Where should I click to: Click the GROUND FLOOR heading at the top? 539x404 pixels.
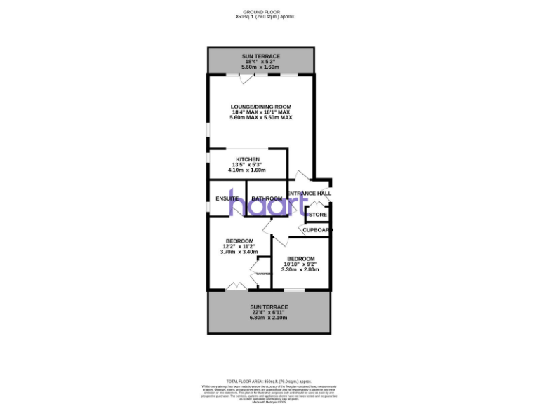pos(261,12)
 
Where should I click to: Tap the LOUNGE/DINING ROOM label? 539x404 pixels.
pos(261,107)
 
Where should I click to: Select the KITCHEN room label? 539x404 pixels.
pos(248,159)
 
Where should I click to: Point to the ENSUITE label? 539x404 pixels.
pos(227,198)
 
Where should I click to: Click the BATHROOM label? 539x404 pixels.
pos(267,198)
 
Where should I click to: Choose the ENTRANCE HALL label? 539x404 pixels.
pos(309,194)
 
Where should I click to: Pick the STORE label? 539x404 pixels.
pos(318,215)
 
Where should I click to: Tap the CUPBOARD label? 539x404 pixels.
pos(317,229)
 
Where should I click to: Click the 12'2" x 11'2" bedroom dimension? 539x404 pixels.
pos(238,246)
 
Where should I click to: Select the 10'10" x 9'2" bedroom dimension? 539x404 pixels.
pos(300,264)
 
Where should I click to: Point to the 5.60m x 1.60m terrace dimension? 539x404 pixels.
pos(261,67)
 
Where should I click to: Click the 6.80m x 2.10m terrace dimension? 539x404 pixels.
pos(269,318)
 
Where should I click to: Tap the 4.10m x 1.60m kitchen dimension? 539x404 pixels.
pos(248,170)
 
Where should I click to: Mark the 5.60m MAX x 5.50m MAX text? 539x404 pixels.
pos(261,117)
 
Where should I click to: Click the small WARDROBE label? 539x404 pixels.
pos(263,273)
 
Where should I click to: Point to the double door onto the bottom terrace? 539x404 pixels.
pos(237,285)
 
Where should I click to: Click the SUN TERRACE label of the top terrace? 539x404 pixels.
pos(261,55)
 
